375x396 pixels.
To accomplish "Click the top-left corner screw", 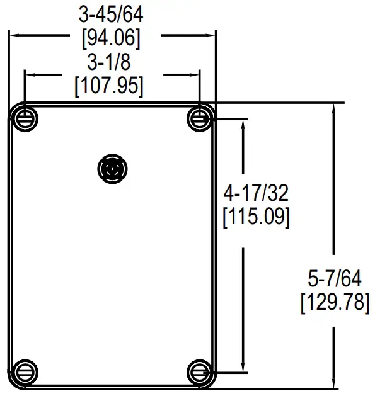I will point(25,118).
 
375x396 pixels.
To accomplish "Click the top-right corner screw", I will point(200,118).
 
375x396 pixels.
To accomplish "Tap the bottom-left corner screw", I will point(25,371).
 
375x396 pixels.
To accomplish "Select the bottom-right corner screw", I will point(200,371).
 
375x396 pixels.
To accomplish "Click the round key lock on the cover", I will point(113,169).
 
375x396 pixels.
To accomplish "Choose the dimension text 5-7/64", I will point(334,277).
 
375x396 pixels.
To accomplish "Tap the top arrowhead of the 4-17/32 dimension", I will point(243,123).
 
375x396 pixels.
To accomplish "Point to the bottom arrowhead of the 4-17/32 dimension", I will point(243,367).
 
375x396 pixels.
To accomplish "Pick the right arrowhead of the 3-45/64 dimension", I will point(212,35).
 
